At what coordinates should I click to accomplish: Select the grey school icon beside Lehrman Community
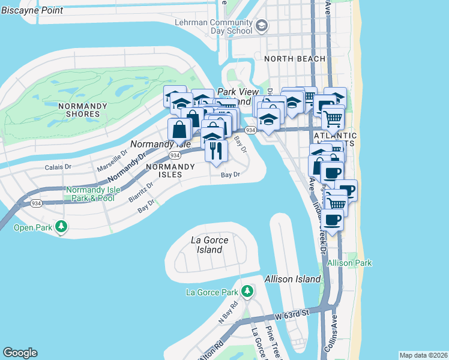262,26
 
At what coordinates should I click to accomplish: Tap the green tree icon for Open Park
61,227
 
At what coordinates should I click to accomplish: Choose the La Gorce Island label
209,245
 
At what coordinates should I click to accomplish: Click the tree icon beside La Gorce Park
247,292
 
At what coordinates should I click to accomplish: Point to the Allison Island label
289,279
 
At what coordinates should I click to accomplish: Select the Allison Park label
350,263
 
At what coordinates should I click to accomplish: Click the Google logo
20,353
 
